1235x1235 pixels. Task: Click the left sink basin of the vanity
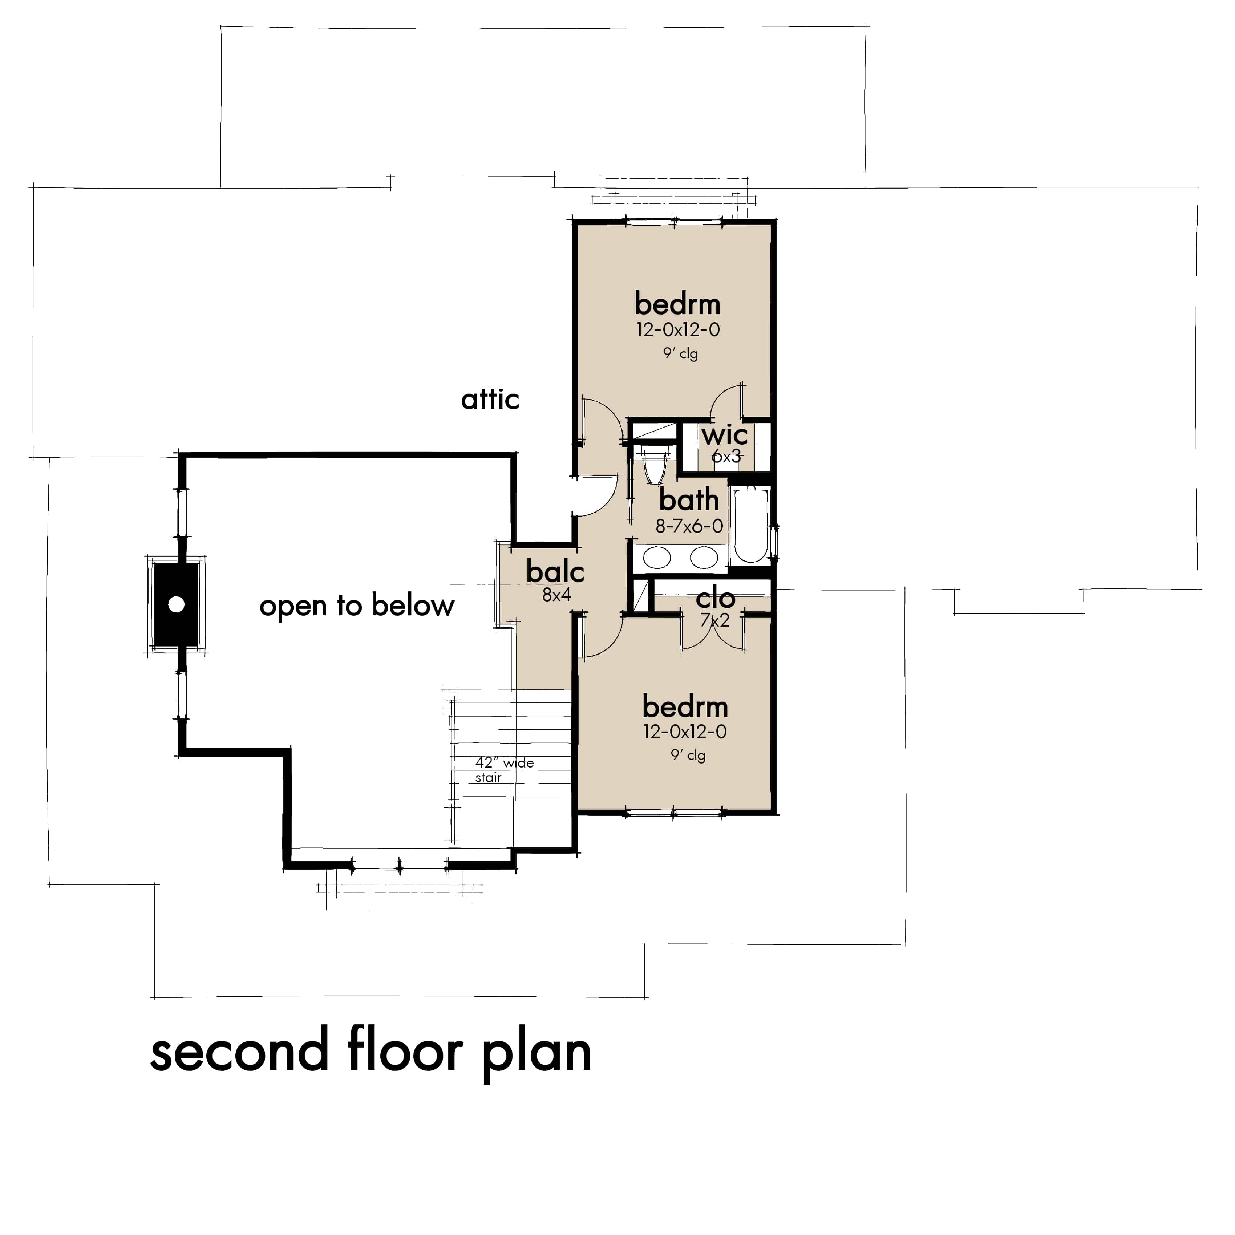pyautogui.click(x=656, y=558)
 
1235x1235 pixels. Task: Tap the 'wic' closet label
pyautogui.click(x=725, y=436)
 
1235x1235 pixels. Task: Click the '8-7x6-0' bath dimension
pyautogui.click(x=689, y=526)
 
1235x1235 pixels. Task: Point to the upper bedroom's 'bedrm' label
pyautogui.click(x=677, y=304)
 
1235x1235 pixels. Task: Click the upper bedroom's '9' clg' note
pyautogui.click(x=680, y=352)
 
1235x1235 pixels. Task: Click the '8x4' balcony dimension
pyautogui.click(x=556, y=595)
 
